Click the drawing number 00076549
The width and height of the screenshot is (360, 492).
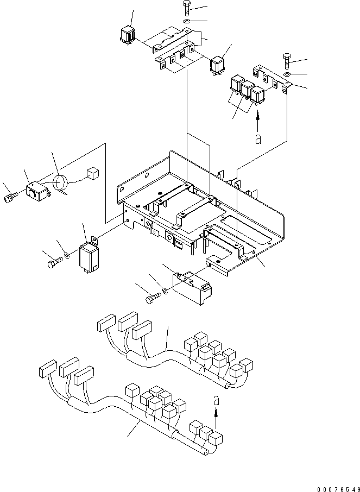coord(338,489)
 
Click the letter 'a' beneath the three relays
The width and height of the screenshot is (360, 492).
coord(258,139)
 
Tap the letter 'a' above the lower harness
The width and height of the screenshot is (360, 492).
coord(216,401)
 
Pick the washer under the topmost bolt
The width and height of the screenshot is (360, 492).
coord(186,22)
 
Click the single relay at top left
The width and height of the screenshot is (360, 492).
coord(128,34)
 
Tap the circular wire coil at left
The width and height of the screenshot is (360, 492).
coord(61,183)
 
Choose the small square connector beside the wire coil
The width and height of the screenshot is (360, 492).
coord(93,174)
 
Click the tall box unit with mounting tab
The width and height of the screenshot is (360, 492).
coord(89,256)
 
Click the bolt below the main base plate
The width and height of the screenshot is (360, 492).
coord(152,298)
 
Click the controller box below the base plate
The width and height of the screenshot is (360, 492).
coord(192,287)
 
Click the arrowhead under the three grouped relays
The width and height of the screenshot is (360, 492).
coord(258,116)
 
